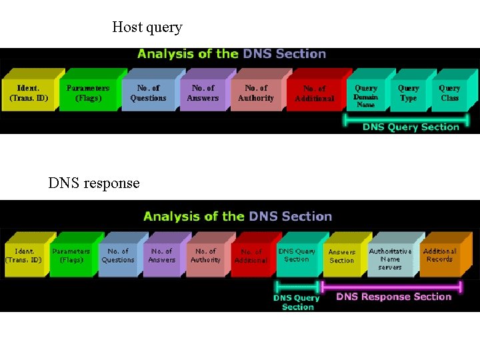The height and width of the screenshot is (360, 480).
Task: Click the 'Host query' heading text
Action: pyautogui.click(x=147, y=27)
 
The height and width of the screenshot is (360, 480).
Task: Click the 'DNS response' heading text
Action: pyautogui.click(x=94, y=183)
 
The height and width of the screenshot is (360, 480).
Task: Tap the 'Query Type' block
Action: pyautogui.click(x=408, y=93)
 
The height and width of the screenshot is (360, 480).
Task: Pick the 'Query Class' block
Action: pyautogui.click(x=449, y=93)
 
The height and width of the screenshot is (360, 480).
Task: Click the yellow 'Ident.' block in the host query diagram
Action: pyautogui.click(x=29, y=93)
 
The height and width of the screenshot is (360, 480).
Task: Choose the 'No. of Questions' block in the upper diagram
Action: pyautogui.click(x=148, y=93)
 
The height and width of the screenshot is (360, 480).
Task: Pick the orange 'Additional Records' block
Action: pyautogui.click(x=439, y=255)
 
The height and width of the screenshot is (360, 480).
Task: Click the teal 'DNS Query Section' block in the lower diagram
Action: pyautogui.click(x=297, y=255)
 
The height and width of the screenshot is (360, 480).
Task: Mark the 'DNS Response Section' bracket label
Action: pyautogui.click(x=393, y=297)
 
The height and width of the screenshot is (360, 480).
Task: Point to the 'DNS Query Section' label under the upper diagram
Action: pyautogui.click(x=411, y=127)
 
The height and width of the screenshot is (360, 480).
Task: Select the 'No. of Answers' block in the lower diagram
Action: pyautogui.click(x=161, y=256)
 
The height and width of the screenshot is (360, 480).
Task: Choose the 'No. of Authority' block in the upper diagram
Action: pyautogui.click(x=256, y=93)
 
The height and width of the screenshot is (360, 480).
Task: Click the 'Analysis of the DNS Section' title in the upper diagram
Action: pyautogui.click(x=231, y=54)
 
